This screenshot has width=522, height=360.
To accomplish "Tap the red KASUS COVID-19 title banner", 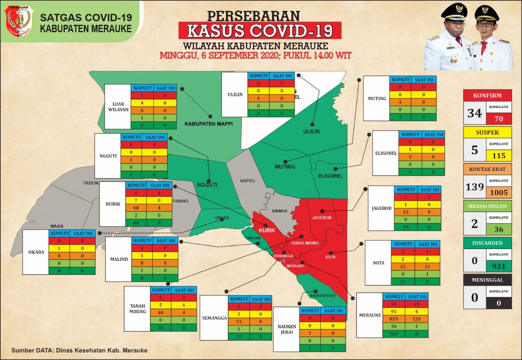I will (x=260, y=31).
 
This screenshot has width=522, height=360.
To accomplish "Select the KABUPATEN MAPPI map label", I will (x=208, y=123).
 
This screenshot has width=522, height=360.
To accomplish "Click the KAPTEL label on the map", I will (x=248, y=180).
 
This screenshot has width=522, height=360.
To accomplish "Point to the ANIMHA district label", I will (x=280, y=211).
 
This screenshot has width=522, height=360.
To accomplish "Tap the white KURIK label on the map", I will (x=267, y=230).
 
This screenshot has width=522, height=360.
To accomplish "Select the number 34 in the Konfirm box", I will (x=475, y=113).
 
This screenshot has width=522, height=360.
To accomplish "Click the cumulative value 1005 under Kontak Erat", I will (x=499, y=192).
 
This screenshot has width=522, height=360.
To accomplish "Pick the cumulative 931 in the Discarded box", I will (x=499, y=266).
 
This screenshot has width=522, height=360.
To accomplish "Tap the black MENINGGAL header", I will (x=487, y=280).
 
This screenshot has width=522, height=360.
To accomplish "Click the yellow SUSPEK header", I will (x=487, y=133).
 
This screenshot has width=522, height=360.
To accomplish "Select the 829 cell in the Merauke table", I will (x=394, y=318).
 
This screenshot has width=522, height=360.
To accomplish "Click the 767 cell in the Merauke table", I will (x=394, y=333).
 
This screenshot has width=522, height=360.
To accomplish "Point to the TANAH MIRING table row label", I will (x=137, y=308).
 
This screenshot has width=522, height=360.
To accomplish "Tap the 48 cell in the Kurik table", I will (x=136, y=208).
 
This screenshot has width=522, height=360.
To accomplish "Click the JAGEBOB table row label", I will (x=381, y=208).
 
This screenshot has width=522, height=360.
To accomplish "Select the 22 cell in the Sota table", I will (x=403, y=266).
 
